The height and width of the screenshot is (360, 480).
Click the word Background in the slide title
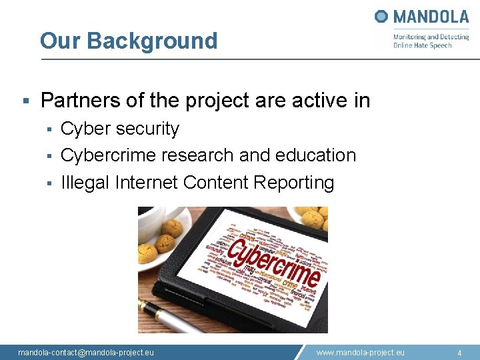point(152,41)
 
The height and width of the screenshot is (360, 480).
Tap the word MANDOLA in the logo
point(431,16)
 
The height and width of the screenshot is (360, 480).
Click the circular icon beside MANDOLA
point(381,16)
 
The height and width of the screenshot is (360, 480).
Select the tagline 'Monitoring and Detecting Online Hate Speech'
point(431,41)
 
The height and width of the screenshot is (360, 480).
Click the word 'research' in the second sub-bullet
point(198,155)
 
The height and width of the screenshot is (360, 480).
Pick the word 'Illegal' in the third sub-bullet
point(85,182)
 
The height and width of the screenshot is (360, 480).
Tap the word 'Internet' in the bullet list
point(146,182)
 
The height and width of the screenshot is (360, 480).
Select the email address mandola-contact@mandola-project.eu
point(86,352)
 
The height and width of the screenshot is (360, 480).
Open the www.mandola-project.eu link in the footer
point(360,352)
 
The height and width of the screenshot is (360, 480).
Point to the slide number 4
point(459,352)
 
